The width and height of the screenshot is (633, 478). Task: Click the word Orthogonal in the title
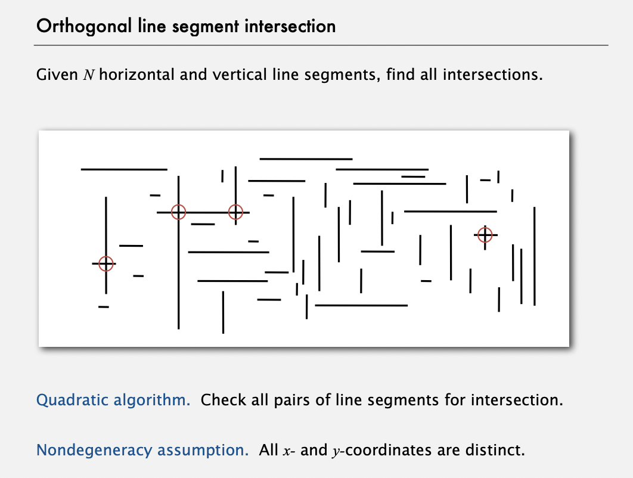coord(84,27)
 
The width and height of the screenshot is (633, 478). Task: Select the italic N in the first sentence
coord(89,75)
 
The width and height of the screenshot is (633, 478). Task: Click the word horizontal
coord(136,75)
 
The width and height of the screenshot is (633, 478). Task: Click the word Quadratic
coord(72,400)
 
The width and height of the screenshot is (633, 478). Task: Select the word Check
coord(224,400)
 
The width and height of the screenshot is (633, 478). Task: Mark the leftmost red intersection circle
coord(105,264)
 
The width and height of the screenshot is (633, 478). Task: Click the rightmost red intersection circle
coord(485,235)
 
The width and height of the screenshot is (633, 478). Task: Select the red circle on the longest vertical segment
coord(178,212)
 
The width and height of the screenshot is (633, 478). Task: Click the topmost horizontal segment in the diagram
coord(306,159)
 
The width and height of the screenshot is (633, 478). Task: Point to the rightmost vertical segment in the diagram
coord(535,256)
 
